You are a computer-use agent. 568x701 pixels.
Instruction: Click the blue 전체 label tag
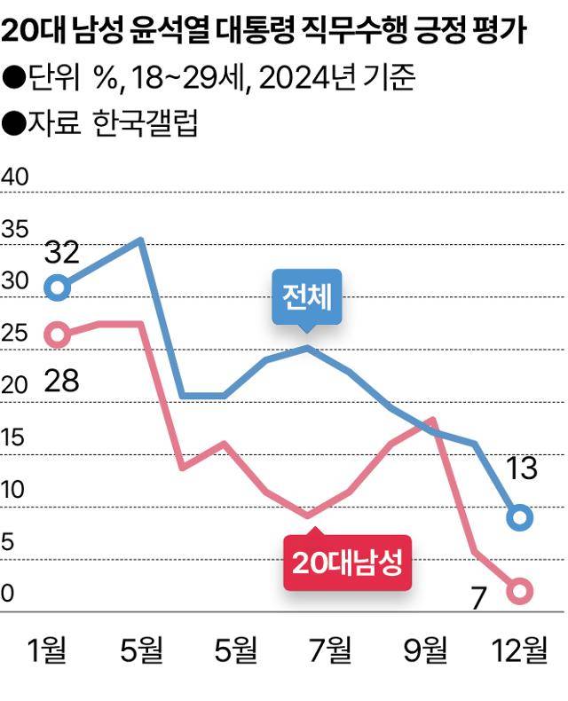click(x=307, y=295)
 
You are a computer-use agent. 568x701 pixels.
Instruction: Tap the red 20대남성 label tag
click(x=347, y=562)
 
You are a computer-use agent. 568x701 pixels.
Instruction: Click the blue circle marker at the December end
click(x=520, y=517)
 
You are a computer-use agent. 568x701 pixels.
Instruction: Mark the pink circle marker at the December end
click(x=520, y=589)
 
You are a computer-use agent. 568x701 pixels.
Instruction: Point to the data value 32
click(x=61, y=253)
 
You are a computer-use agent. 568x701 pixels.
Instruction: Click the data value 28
click(x=61, y=381)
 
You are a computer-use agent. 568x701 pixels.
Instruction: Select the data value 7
click(x=479, y=600)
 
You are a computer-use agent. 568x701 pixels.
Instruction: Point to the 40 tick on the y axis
click(x=15, y=177)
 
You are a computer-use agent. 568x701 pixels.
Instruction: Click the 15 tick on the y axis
click(x=14, y=438)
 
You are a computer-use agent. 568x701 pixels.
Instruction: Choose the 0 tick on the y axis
click(x=8, y=595)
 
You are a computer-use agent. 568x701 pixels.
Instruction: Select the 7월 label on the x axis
click(x=330, y=651)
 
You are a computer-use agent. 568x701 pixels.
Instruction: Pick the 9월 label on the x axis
click(x=424, y=651)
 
